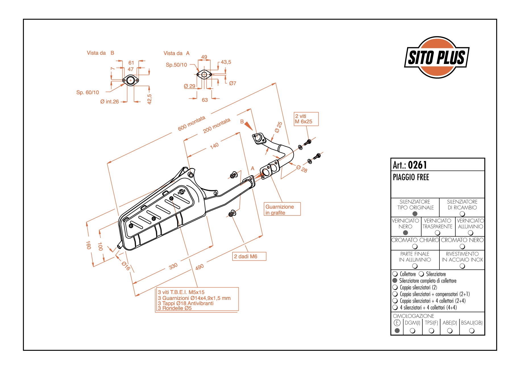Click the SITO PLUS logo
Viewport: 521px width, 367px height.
(x=437, y=57)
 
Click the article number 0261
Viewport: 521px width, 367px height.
(x=417, y=165)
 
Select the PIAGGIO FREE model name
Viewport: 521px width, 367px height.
(x=411, y=177)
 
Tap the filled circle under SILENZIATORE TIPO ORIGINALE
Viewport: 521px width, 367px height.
(x=415, y=214)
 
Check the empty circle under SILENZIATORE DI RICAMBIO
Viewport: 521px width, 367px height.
(x=462, y=214)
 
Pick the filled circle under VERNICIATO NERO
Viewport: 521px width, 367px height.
(x=406, y=233)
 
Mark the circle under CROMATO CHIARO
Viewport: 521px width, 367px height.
(x=415, y=246)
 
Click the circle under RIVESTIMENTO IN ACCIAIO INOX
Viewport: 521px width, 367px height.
(x=462, y=266)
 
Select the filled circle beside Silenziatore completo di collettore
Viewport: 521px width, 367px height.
(x=395, y=281)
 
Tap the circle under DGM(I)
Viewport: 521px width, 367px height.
(x=413, y=331)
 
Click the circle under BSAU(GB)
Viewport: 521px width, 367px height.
(x=472, y=331)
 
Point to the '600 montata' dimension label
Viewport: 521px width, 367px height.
(x=192, y=123)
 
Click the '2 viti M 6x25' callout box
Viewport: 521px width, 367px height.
(x=306, y=119)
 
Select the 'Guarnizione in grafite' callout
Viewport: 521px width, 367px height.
(x=282, y=209)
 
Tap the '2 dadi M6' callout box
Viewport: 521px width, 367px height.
(x=249, y=256)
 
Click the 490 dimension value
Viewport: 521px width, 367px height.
(x=200, y=267)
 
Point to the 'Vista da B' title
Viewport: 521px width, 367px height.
(x=100, y=53)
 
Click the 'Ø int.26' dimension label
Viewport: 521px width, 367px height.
(x=109, y=101)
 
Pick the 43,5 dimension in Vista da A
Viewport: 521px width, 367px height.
(x=226, y=62)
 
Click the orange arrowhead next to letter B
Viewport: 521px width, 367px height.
(x=248, y=126)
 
